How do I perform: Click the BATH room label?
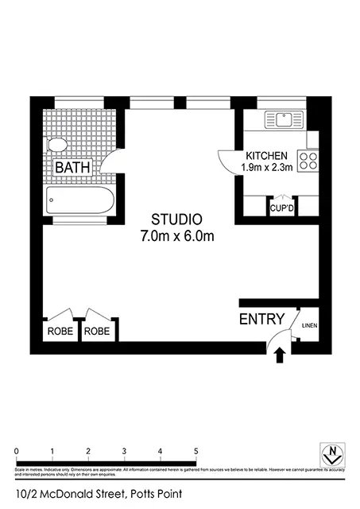[x=72, y=168]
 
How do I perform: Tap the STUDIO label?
[x=178, y=219]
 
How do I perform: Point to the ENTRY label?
[x=261, y=319]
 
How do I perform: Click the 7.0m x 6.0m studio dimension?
[x=178, y=235]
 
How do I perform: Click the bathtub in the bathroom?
[x=78, y=199]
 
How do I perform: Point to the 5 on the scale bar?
[x=196, y=451]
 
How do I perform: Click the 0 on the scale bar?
[x=17, y=451]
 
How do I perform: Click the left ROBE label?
[x=60, y=331]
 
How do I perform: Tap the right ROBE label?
[x=97, y=331]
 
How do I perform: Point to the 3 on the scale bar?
[x=125, y=451]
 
